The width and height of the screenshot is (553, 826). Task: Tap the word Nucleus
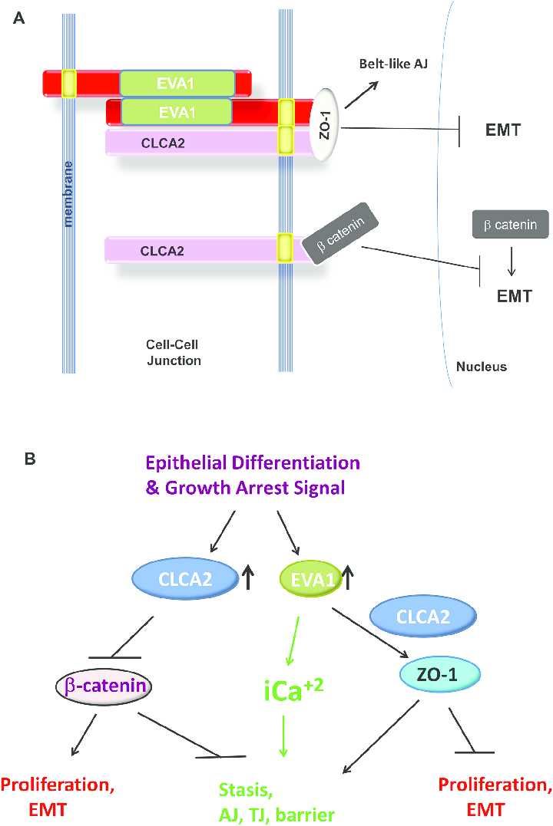(x=482, y=367)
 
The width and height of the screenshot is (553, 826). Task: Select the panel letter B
(x=29, y=459)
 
